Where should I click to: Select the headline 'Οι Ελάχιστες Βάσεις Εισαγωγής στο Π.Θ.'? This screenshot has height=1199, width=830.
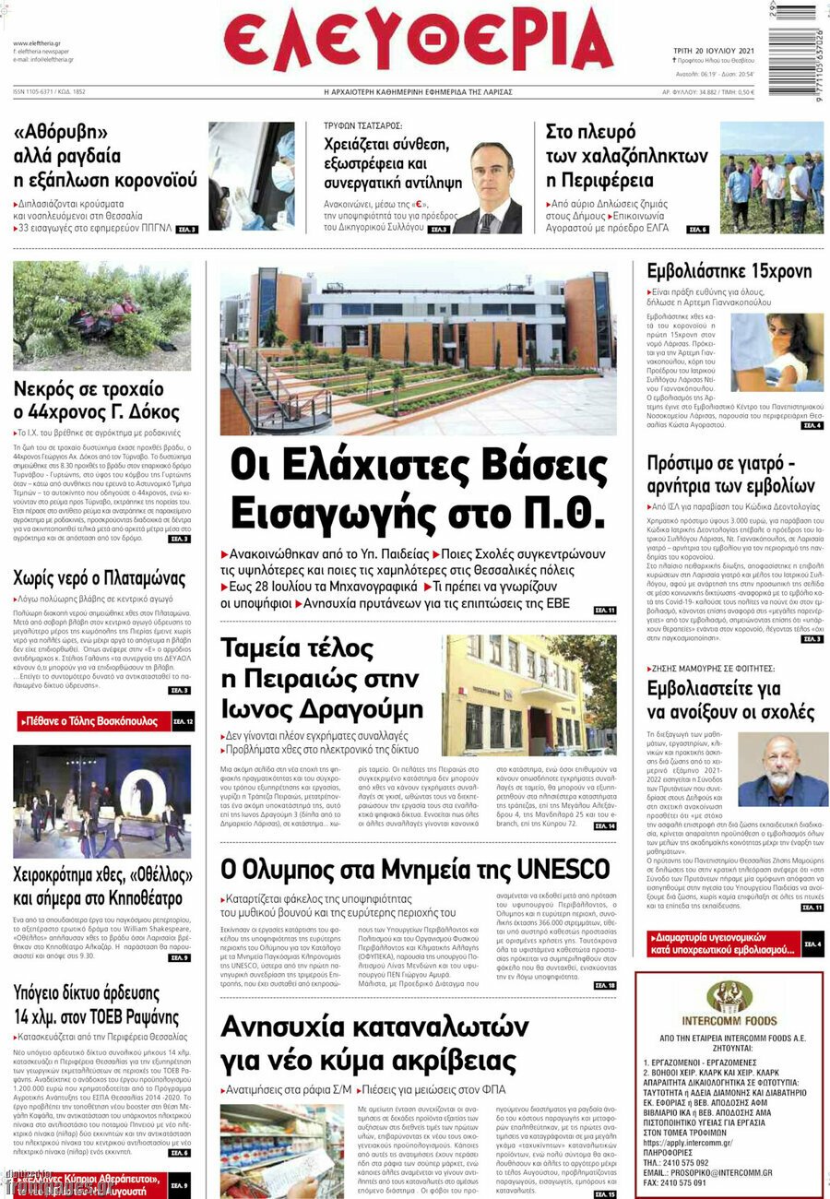pos(417,488)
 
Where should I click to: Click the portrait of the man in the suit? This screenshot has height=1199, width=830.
pos(488,189)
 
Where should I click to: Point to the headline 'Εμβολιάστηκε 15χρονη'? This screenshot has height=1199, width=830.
pos(729,271)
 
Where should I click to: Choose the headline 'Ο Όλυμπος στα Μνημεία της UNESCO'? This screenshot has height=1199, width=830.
pos(415,869)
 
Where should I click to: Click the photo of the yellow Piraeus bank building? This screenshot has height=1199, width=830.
pos(529,694)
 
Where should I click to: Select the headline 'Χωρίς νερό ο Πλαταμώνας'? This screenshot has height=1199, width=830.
pos(99,579)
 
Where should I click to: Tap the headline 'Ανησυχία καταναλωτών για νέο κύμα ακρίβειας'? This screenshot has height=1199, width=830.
pos(386,1042)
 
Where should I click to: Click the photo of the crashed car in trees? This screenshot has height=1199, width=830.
pos(101,315)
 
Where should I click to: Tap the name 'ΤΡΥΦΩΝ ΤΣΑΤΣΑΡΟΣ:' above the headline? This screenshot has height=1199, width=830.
pos(362,125)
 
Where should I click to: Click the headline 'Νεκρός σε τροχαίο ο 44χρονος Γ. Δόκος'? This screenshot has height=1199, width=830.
pos(96,399)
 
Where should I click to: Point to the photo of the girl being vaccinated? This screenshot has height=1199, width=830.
pos(777,351)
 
